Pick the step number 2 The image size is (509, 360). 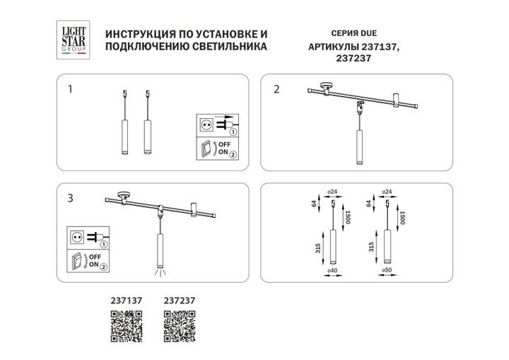pyautogui.click(x=276, y=89)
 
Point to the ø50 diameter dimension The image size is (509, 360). pyautogui.click(x=385, y=270)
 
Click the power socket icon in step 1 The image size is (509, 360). pyautogui.click(x=208, y=124)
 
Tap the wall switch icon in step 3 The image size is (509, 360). pyautogui.click(x=76, y=259)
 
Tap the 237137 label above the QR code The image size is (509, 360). pyautogui.click(x=127, y=300)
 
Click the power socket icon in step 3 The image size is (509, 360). pyautogui.click(x=76, y=236)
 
